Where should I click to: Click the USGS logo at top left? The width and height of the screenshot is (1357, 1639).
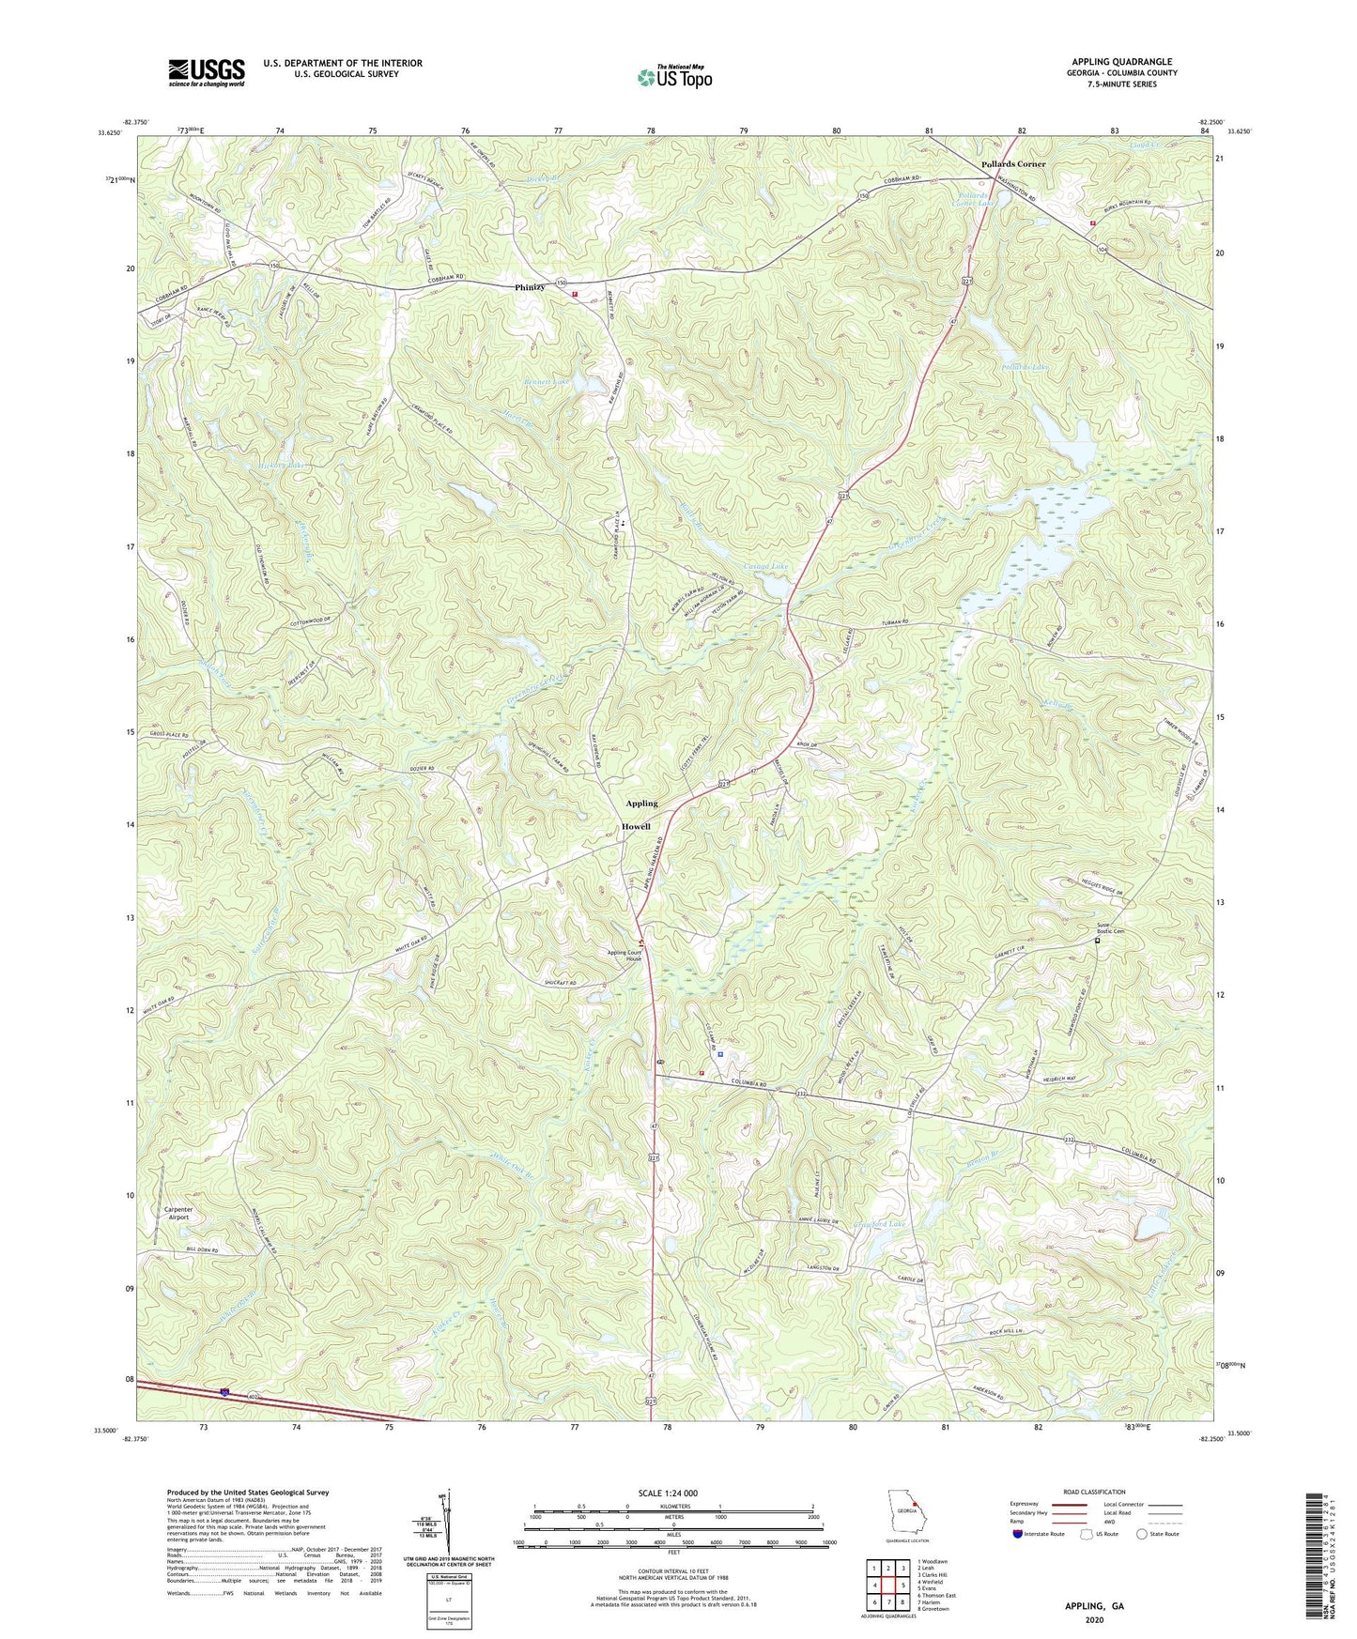pos(206,71)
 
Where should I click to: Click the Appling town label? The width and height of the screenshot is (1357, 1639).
pos(641,804)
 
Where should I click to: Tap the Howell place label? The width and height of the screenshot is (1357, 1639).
pos(636,827)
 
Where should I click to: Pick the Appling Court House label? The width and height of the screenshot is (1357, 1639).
pos(629,957)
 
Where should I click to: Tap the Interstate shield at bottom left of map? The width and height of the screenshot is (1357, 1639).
pos(225,1393)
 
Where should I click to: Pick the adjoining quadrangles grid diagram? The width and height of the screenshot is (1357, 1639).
pos(887,1586)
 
